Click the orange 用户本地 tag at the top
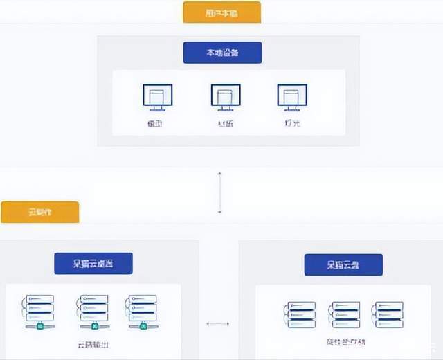pyautogui.click(x=221, y=12)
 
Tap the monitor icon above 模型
pyautogui.click(x=158, y=97)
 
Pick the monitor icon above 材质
pyautogui.click(x=226, y=97)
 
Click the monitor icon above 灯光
pyautogui.click(x=292, y=97)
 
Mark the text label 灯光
pyautogui.click(x=292, y=124)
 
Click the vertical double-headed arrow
pyautogui.click(x=219, y=192)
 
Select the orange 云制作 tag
pyautogui.click(x=39, y=213)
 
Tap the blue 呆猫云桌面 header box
pyautogui.click(x=93, y=263)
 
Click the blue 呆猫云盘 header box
pyautogui.click(x=344, y=264)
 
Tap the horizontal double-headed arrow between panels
pyautogui.click(x=217, y=323)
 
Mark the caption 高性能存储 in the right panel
pyautogui.click(x=344, y=342)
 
